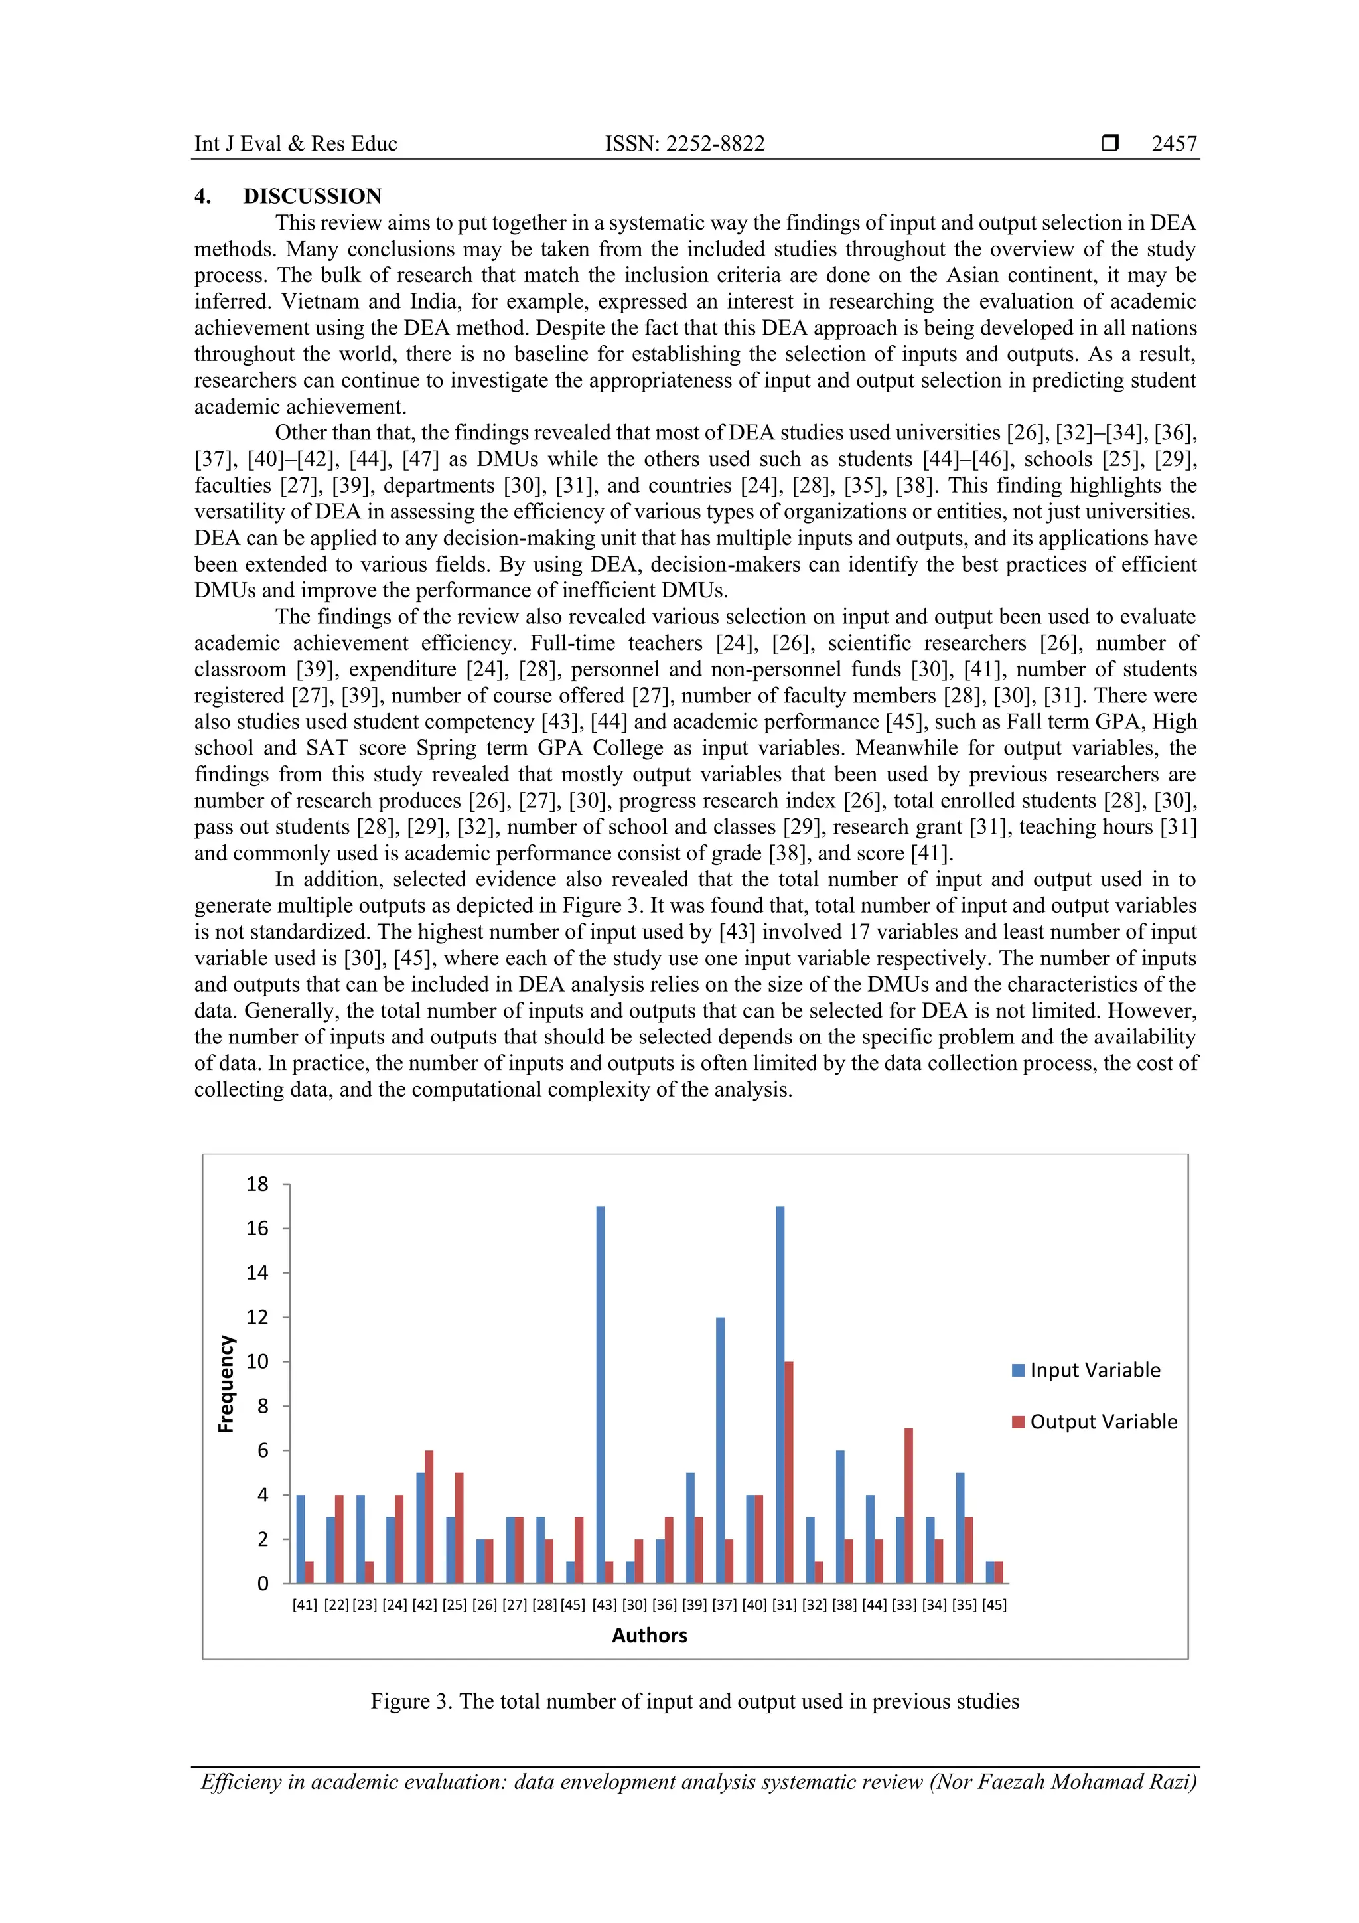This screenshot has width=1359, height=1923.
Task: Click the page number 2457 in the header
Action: [1173, 144]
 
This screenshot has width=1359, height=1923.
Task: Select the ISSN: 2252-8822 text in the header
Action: [684, 144]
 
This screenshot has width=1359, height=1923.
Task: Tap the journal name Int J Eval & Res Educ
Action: [295, 144]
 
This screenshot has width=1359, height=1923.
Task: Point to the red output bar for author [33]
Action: [908, 1506]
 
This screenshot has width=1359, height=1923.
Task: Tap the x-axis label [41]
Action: [305, 1605]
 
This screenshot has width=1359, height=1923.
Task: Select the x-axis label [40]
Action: [754, 1605]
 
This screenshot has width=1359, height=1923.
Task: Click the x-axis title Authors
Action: [649, 1635]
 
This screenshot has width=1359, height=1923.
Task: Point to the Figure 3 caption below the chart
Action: [695, 1701]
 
